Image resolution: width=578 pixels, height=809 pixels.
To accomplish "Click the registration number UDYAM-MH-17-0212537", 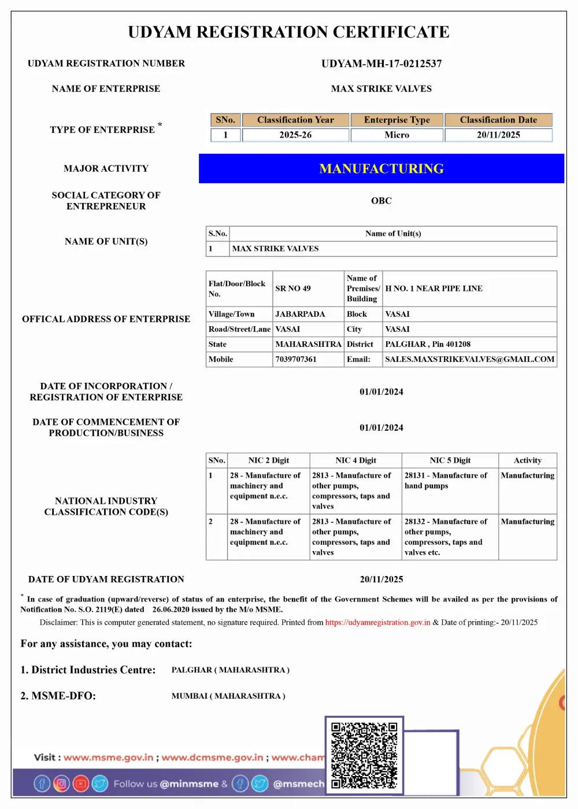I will tap(381, 64).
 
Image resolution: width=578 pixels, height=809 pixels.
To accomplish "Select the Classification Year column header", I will tap(295, 120).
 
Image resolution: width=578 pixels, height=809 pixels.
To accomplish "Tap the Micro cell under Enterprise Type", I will tap(397, 135).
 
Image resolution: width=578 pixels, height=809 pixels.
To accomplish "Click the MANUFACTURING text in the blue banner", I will tap(381, 169).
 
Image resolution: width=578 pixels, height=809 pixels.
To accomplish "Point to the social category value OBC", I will tap(381, 201).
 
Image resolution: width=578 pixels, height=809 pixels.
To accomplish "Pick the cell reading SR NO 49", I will tap(293, 289).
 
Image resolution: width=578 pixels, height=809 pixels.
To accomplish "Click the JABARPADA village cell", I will tap(300, 314).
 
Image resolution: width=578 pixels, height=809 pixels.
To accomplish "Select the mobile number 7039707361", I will tap(296, 359).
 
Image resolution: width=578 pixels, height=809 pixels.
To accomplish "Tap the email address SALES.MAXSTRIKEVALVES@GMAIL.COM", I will tap(470, 359).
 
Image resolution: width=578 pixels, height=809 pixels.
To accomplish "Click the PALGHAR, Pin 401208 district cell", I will tap(428, 344).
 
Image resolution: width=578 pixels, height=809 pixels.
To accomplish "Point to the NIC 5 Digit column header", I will tap(450, 460).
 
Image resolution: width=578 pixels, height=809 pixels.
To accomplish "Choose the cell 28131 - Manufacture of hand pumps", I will tap(446, 481).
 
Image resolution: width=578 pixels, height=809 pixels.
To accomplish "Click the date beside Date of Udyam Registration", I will tap(381, 579).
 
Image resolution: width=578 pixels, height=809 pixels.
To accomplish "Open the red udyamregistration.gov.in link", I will tap(377, 623).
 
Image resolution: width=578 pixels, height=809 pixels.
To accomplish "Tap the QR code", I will tap(364, 755).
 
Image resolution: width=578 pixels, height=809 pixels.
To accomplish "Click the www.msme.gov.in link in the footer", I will tap(109, 758).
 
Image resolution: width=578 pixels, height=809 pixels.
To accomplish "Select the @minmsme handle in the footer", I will tap(189, 784).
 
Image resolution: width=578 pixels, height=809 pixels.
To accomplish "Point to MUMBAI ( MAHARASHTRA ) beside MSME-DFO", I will tap(228, 696).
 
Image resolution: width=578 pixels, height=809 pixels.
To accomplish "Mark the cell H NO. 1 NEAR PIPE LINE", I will tap(433, 289).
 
